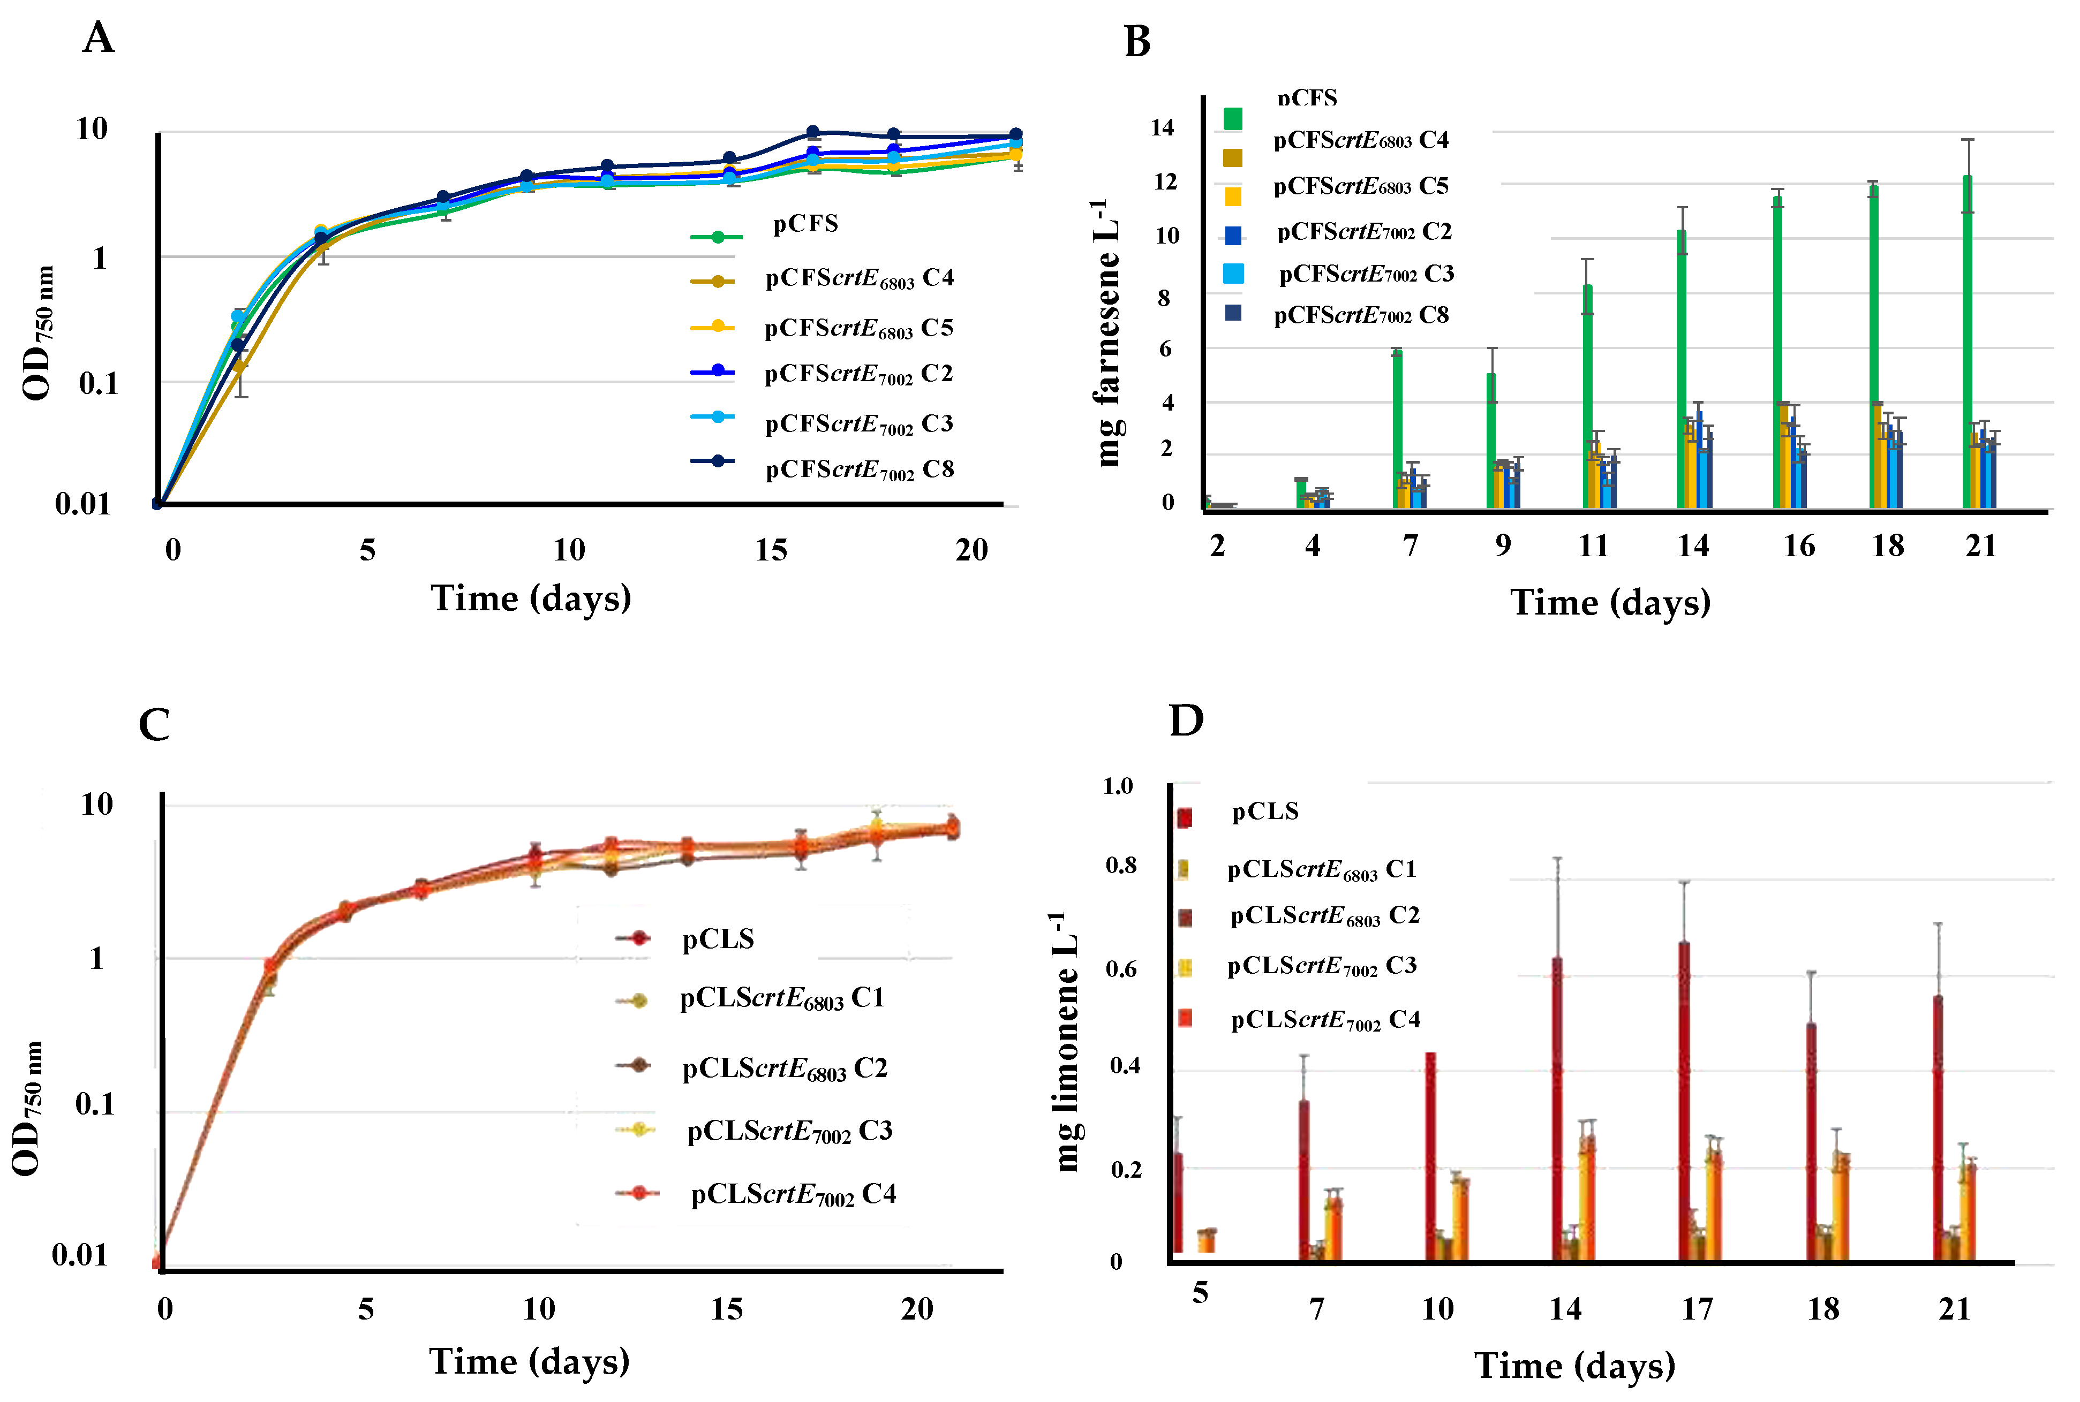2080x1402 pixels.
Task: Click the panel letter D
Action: pyautogui.click(x=1187, y=720)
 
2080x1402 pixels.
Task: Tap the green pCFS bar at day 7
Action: pyautogui.click(x=1397, y=429)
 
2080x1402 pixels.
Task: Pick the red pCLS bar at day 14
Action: pyautogui.click(x=1557, y=1109)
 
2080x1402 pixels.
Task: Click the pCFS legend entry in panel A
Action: pyautogui.click(x=805, y=224)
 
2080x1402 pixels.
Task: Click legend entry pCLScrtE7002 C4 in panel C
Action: pyautogui.click(x=792, y=1194)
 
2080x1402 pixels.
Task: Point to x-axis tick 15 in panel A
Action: pyautogui.click(x=771, y=550)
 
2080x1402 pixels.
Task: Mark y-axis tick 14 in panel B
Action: pyautogui.click(x=1162, y=128)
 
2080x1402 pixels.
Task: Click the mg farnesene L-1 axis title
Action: pyautogui.click(x=1107, y=332)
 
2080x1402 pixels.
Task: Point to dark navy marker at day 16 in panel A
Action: pyautogui.click(x=813, y=132)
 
